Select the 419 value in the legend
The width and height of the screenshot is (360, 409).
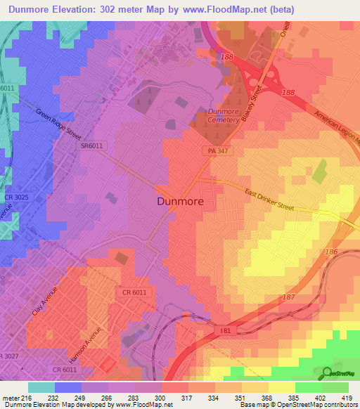[347, 397]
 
